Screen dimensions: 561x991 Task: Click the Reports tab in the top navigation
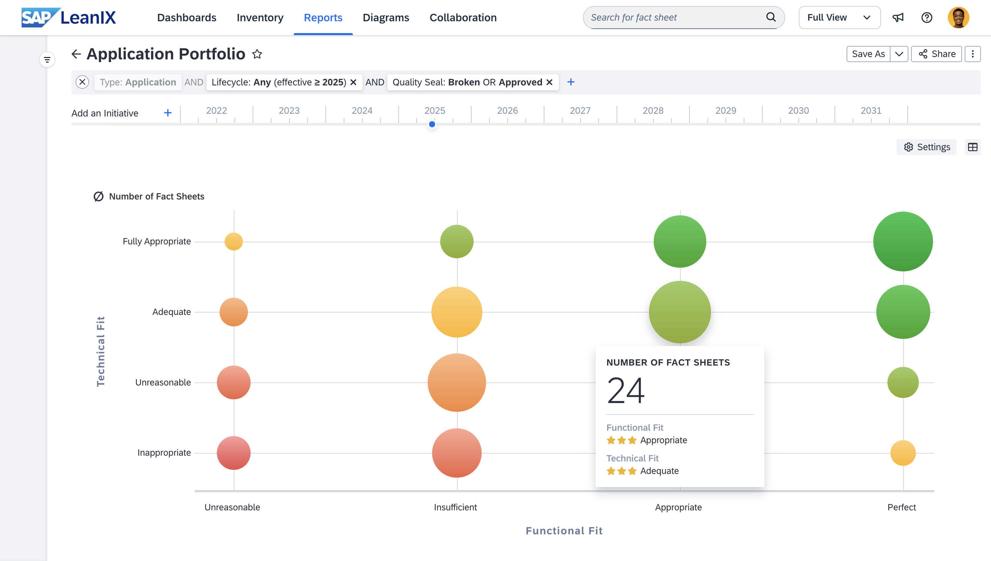(x=323, y=18)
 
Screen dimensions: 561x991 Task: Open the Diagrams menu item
(x=386, y=18)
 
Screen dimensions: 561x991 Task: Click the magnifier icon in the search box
(x=771, y=17)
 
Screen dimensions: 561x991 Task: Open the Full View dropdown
(x=839, y=18)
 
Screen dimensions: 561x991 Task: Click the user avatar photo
(x=958, y=18)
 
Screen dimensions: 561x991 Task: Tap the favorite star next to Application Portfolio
(x=257, y=54)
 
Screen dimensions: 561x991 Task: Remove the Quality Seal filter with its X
(x=549, y=82)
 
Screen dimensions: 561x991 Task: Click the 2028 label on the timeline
(x=653, y=111)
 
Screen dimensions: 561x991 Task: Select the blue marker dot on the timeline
(x=432, y=124)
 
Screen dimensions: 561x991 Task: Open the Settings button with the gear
(x=926, y=147)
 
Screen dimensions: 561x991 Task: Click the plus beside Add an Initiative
(x=168, y=113)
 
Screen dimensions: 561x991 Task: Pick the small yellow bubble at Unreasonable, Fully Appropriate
(x=234, y=242)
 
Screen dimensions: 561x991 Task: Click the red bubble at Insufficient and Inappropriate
(x=457, y=453)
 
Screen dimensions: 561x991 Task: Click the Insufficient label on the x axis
(x=455, y=507)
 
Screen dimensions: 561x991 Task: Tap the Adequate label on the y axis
(x=171, y=312)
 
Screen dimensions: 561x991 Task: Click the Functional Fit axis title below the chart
(x=564, y=531)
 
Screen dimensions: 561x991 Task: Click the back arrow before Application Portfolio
(x=76, y=54)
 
